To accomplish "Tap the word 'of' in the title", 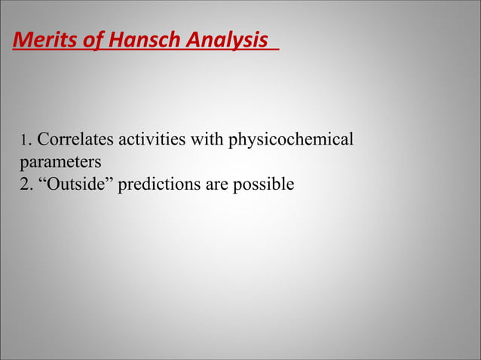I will click(94, 39).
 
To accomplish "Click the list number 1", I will click(23, 141).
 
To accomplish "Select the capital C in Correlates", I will click(43, 140).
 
